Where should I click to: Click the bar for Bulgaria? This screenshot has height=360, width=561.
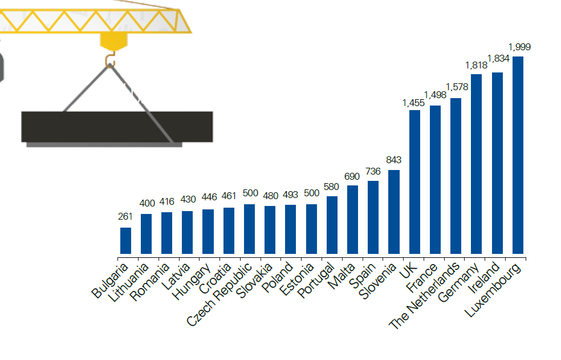(x=125, y=240)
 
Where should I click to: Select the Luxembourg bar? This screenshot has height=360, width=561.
(x=518, y=155)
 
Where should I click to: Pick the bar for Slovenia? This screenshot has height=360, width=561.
(x=394, y=212)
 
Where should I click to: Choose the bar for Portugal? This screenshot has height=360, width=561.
(x=332, y=225)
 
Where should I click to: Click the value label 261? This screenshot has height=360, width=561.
(x=125, y=216)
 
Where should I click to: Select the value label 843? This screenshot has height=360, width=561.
(x=394, y=160)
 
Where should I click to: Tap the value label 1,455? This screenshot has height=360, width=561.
(x=413, y=103)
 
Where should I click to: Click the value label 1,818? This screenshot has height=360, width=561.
(x=477, y=65)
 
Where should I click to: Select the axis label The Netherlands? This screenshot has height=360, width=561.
(x=425, y=296)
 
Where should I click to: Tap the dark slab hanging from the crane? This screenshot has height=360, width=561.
(x=117, y=126)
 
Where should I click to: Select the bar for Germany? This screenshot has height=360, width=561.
(x=477, y=164)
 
